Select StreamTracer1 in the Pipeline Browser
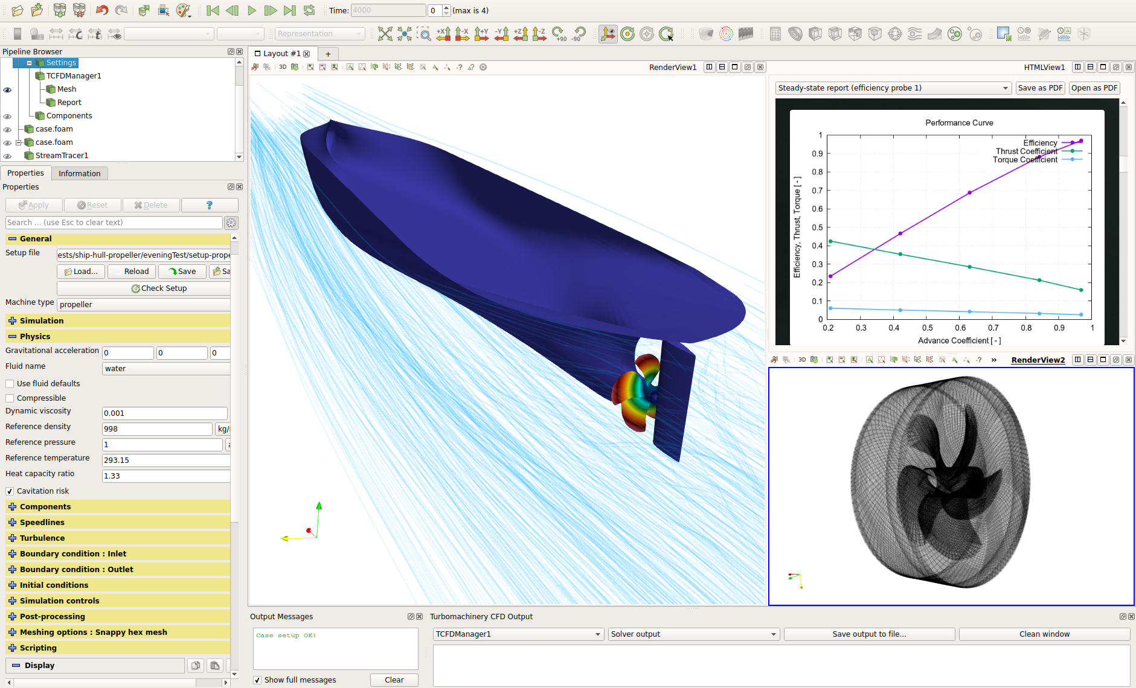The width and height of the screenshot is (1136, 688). (x=62, y=156)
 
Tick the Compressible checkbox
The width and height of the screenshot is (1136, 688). (x=10, y=398)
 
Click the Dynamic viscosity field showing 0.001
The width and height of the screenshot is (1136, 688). (x=164, y=413)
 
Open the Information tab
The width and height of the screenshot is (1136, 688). (x=79, y=174)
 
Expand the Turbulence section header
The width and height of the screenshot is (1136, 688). (x=42, y=538)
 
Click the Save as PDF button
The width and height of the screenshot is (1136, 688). (x=1039, y=88)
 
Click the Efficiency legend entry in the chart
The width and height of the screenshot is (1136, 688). (x=1040, y=143)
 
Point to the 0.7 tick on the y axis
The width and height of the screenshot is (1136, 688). (x=817, y=191)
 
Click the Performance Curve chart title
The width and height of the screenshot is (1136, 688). (x=958, y=123)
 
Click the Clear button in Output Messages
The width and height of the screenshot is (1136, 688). (x=394, y=680)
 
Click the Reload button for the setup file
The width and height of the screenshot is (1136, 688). (x=132, y=272)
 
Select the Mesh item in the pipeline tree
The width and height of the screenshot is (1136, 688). (x=66, y=89)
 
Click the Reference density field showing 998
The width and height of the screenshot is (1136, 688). (x=157, y=429)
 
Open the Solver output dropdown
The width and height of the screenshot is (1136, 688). (x=693, y=634)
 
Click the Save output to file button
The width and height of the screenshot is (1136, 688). (x=868, y=634)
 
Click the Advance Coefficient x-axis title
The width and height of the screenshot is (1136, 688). (x=958, y=341)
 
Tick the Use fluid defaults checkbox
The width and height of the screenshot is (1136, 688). (x=10, y=384)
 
